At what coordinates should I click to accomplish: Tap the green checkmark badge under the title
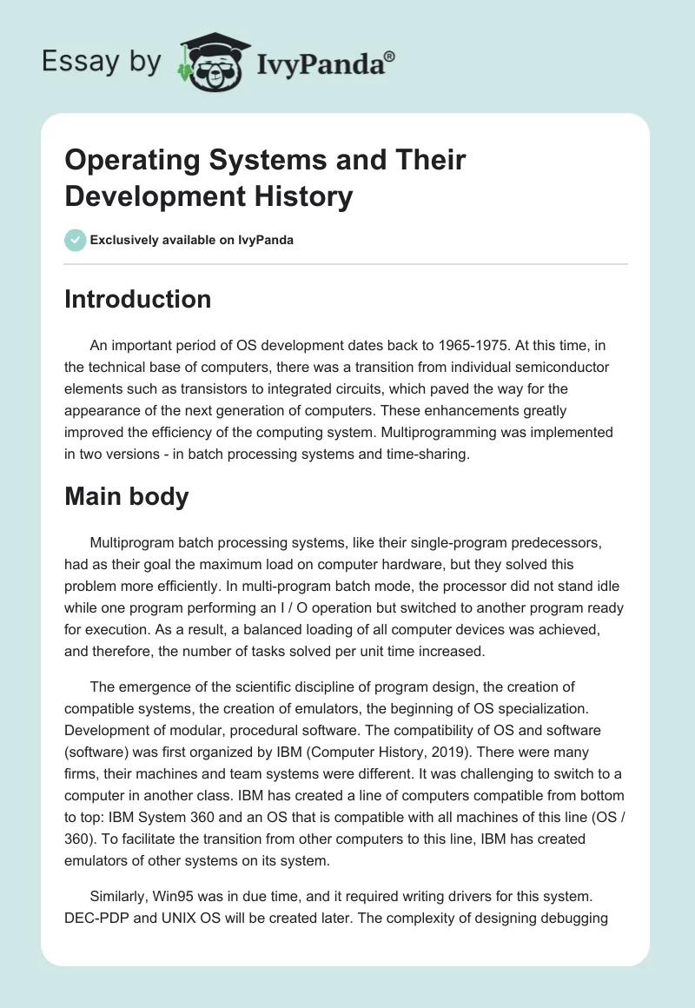coord(75,240)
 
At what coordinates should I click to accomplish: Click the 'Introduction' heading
coord(137,299)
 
